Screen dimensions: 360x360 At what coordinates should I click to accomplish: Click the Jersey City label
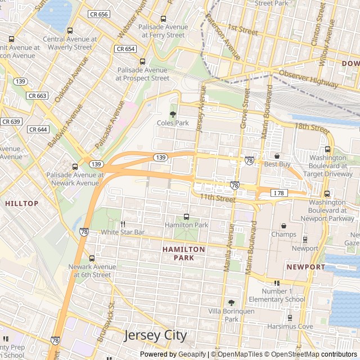[155, 335]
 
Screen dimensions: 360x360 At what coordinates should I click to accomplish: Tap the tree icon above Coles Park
[173, 114]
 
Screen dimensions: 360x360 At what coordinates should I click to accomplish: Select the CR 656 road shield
[98, 15]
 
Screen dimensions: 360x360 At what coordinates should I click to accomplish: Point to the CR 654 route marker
[125, 49]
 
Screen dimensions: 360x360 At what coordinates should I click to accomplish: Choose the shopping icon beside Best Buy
[277, 155]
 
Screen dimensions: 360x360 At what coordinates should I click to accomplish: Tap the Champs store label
[283, 234]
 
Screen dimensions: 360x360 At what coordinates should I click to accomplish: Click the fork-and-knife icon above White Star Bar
[123, 223]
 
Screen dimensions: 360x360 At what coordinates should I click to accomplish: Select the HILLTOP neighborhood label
[22, 203]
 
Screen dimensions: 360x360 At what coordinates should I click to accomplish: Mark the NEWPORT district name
[305, 267]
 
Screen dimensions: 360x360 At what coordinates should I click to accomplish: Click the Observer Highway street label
[308, 79]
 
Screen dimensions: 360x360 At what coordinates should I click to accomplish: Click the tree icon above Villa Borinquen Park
[231, 303]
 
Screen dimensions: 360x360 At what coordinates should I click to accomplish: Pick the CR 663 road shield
[38, 96]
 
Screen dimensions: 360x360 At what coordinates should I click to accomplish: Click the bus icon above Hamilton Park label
[186, 217]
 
